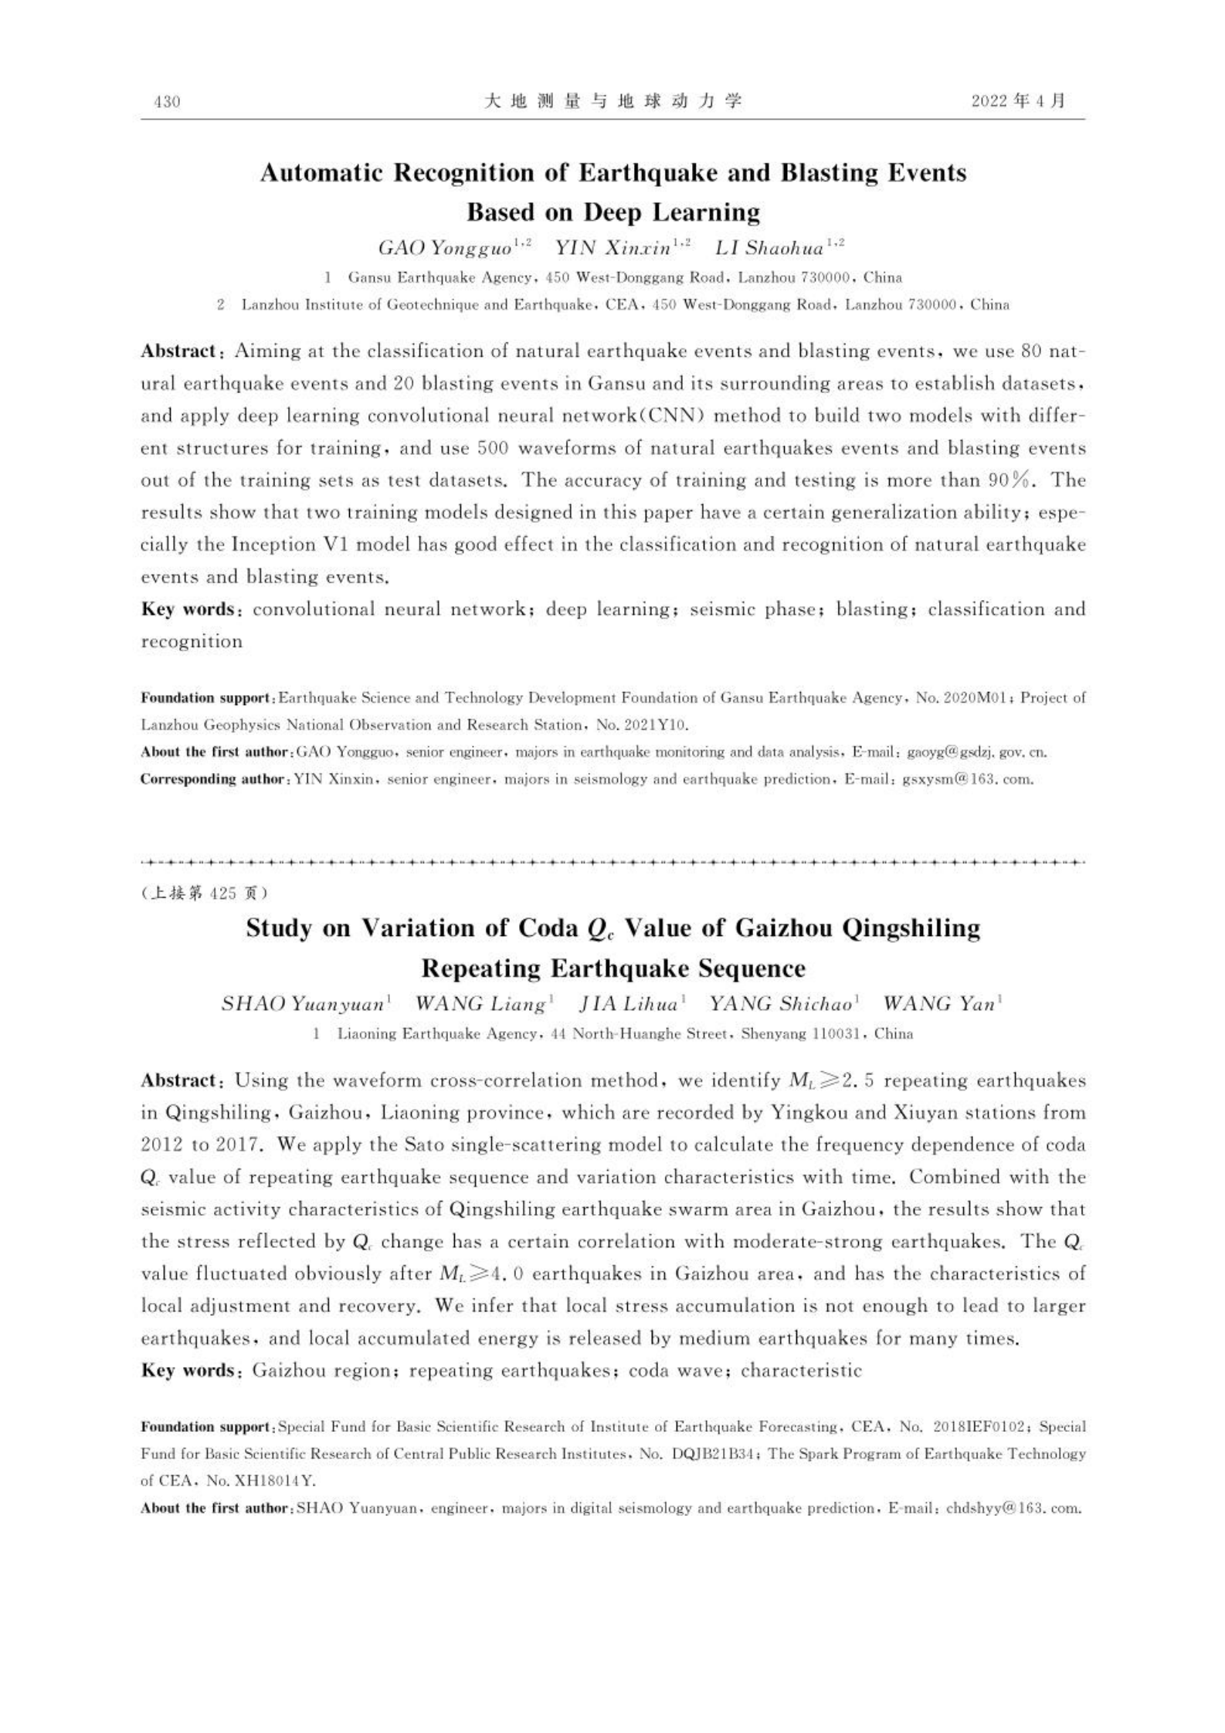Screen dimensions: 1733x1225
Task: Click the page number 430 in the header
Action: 168,101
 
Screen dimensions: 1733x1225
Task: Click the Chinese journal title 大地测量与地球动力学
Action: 613,101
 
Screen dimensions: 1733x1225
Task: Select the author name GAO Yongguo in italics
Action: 445,248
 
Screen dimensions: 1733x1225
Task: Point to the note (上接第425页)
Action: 205,893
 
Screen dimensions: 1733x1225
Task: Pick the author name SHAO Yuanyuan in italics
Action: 303,1004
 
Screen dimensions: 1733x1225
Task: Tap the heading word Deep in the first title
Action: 613,211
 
